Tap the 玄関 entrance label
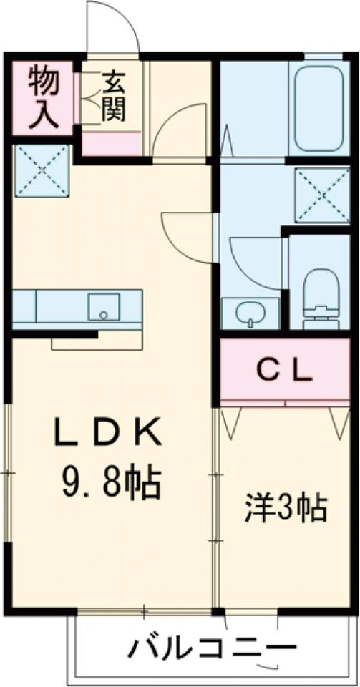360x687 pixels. point(112,97)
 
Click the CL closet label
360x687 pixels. point(285,370)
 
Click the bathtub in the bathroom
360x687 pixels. point(318,109)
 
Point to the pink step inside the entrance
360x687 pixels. point(111,143)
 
